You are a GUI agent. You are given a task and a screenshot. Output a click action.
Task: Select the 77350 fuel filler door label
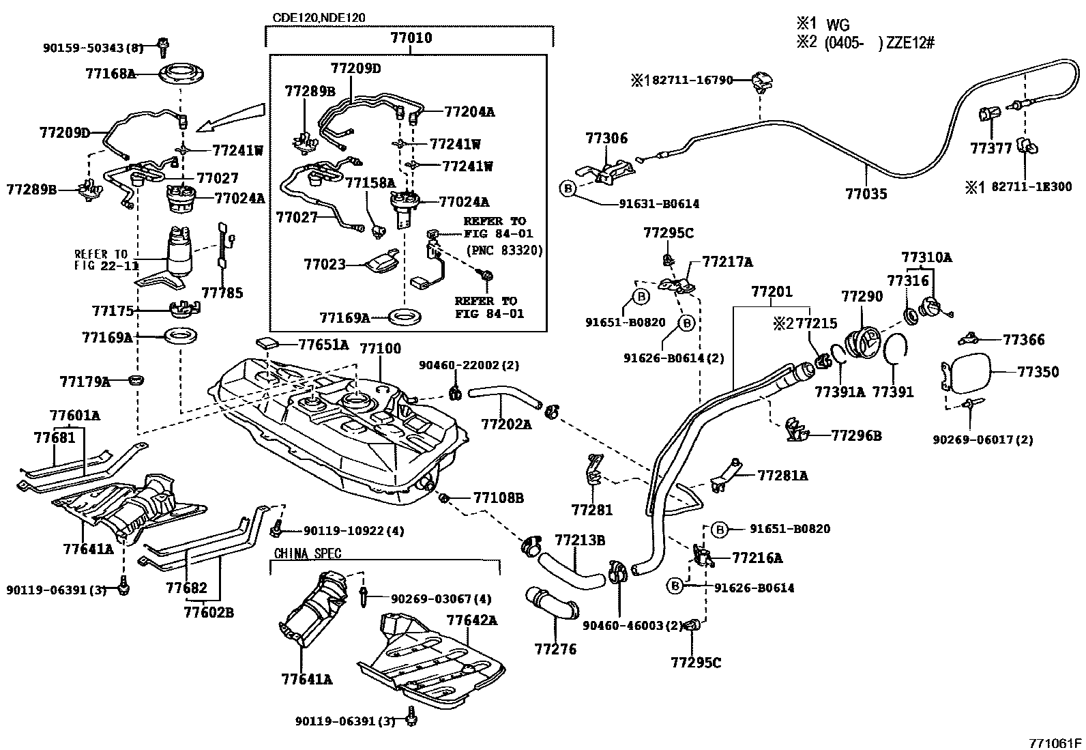tap(1038, 372)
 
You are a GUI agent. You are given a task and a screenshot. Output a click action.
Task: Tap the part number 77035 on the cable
tap(866, 194)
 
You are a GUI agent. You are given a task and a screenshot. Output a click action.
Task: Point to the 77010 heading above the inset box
tap(410, 38)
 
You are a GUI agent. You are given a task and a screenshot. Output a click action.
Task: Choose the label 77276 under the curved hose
tap(555, 649)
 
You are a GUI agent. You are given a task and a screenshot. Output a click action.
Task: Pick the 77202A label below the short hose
tap(505, 424)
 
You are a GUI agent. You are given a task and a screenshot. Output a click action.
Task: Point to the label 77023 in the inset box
tap(325, 263)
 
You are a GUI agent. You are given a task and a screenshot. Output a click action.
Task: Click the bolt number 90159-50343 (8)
tap(93, 48)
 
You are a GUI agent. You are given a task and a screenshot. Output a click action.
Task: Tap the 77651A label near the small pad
tap(323, 345)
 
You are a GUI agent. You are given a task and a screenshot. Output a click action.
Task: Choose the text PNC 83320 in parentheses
tap(504, 250)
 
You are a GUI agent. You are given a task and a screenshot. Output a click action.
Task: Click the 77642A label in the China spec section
tap(471, 620)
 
